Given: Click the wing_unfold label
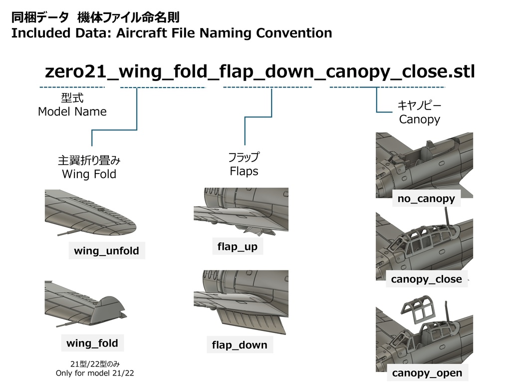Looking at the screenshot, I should [x=106, y=251].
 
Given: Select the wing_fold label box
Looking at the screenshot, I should [x=92, y=343].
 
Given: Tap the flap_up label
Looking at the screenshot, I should [x=238, y=246].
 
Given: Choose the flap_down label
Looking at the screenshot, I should [x=240, y=345].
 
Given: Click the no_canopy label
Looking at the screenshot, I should [x=426, y=199].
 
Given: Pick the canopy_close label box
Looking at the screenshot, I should [x=427, y=279].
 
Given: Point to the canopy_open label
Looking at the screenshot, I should [x=427, y=373].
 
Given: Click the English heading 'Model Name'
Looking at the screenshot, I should [x=72, y=112].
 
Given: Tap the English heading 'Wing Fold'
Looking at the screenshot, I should [x=89, y=174].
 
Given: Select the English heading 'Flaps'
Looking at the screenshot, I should [x=244, y=171].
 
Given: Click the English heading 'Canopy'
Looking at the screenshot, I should [x=419, y=120].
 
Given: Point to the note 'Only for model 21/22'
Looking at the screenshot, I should [x=95, y=373].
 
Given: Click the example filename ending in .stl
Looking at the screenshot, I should [x=259, y=72].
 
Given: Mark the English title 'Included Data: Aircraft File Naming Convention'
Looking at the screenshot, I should [x=171, y=33].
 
